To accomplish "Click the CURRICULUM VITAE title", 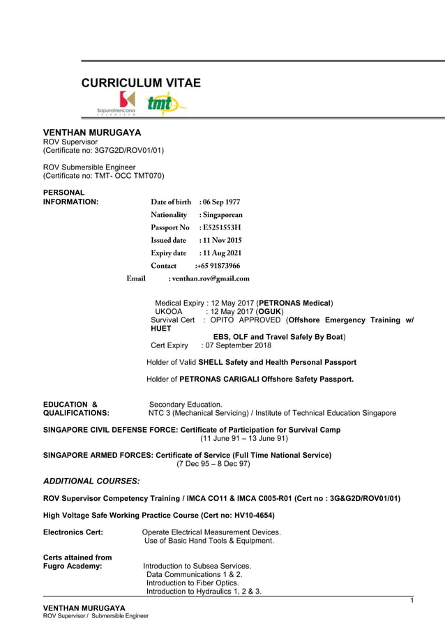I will coord(141,84).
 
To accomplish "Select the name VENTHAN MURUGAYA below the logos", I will coord(92,133).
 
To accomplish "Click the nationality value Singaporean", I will coord(222,215).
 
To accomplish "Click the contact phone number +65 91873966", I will coord(218,266).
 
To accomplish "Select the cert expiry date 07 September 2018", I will coord(237,345).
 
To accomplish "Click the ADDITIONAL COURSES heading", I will coord(91,481).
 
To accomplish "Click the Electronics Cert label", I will coord(73,532).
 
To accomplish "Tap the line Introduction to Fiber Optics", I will coord(193,583).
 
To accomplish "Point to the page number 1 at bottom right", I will coord(412,601).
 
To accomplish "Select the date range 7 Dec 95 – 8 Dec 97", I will coord(213,464).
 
